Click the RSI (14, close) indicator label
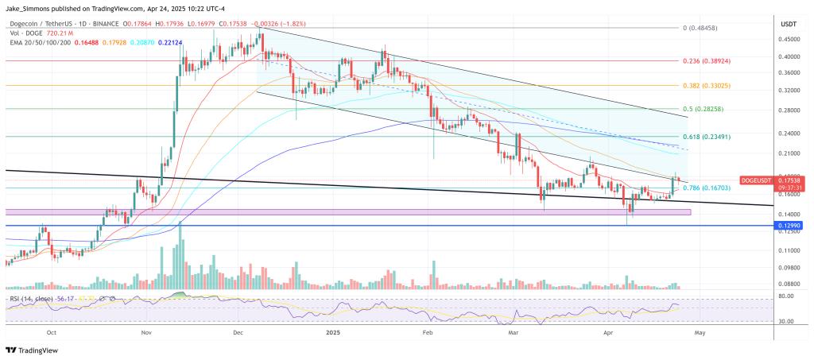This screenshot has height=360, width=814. coord(33,298)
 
